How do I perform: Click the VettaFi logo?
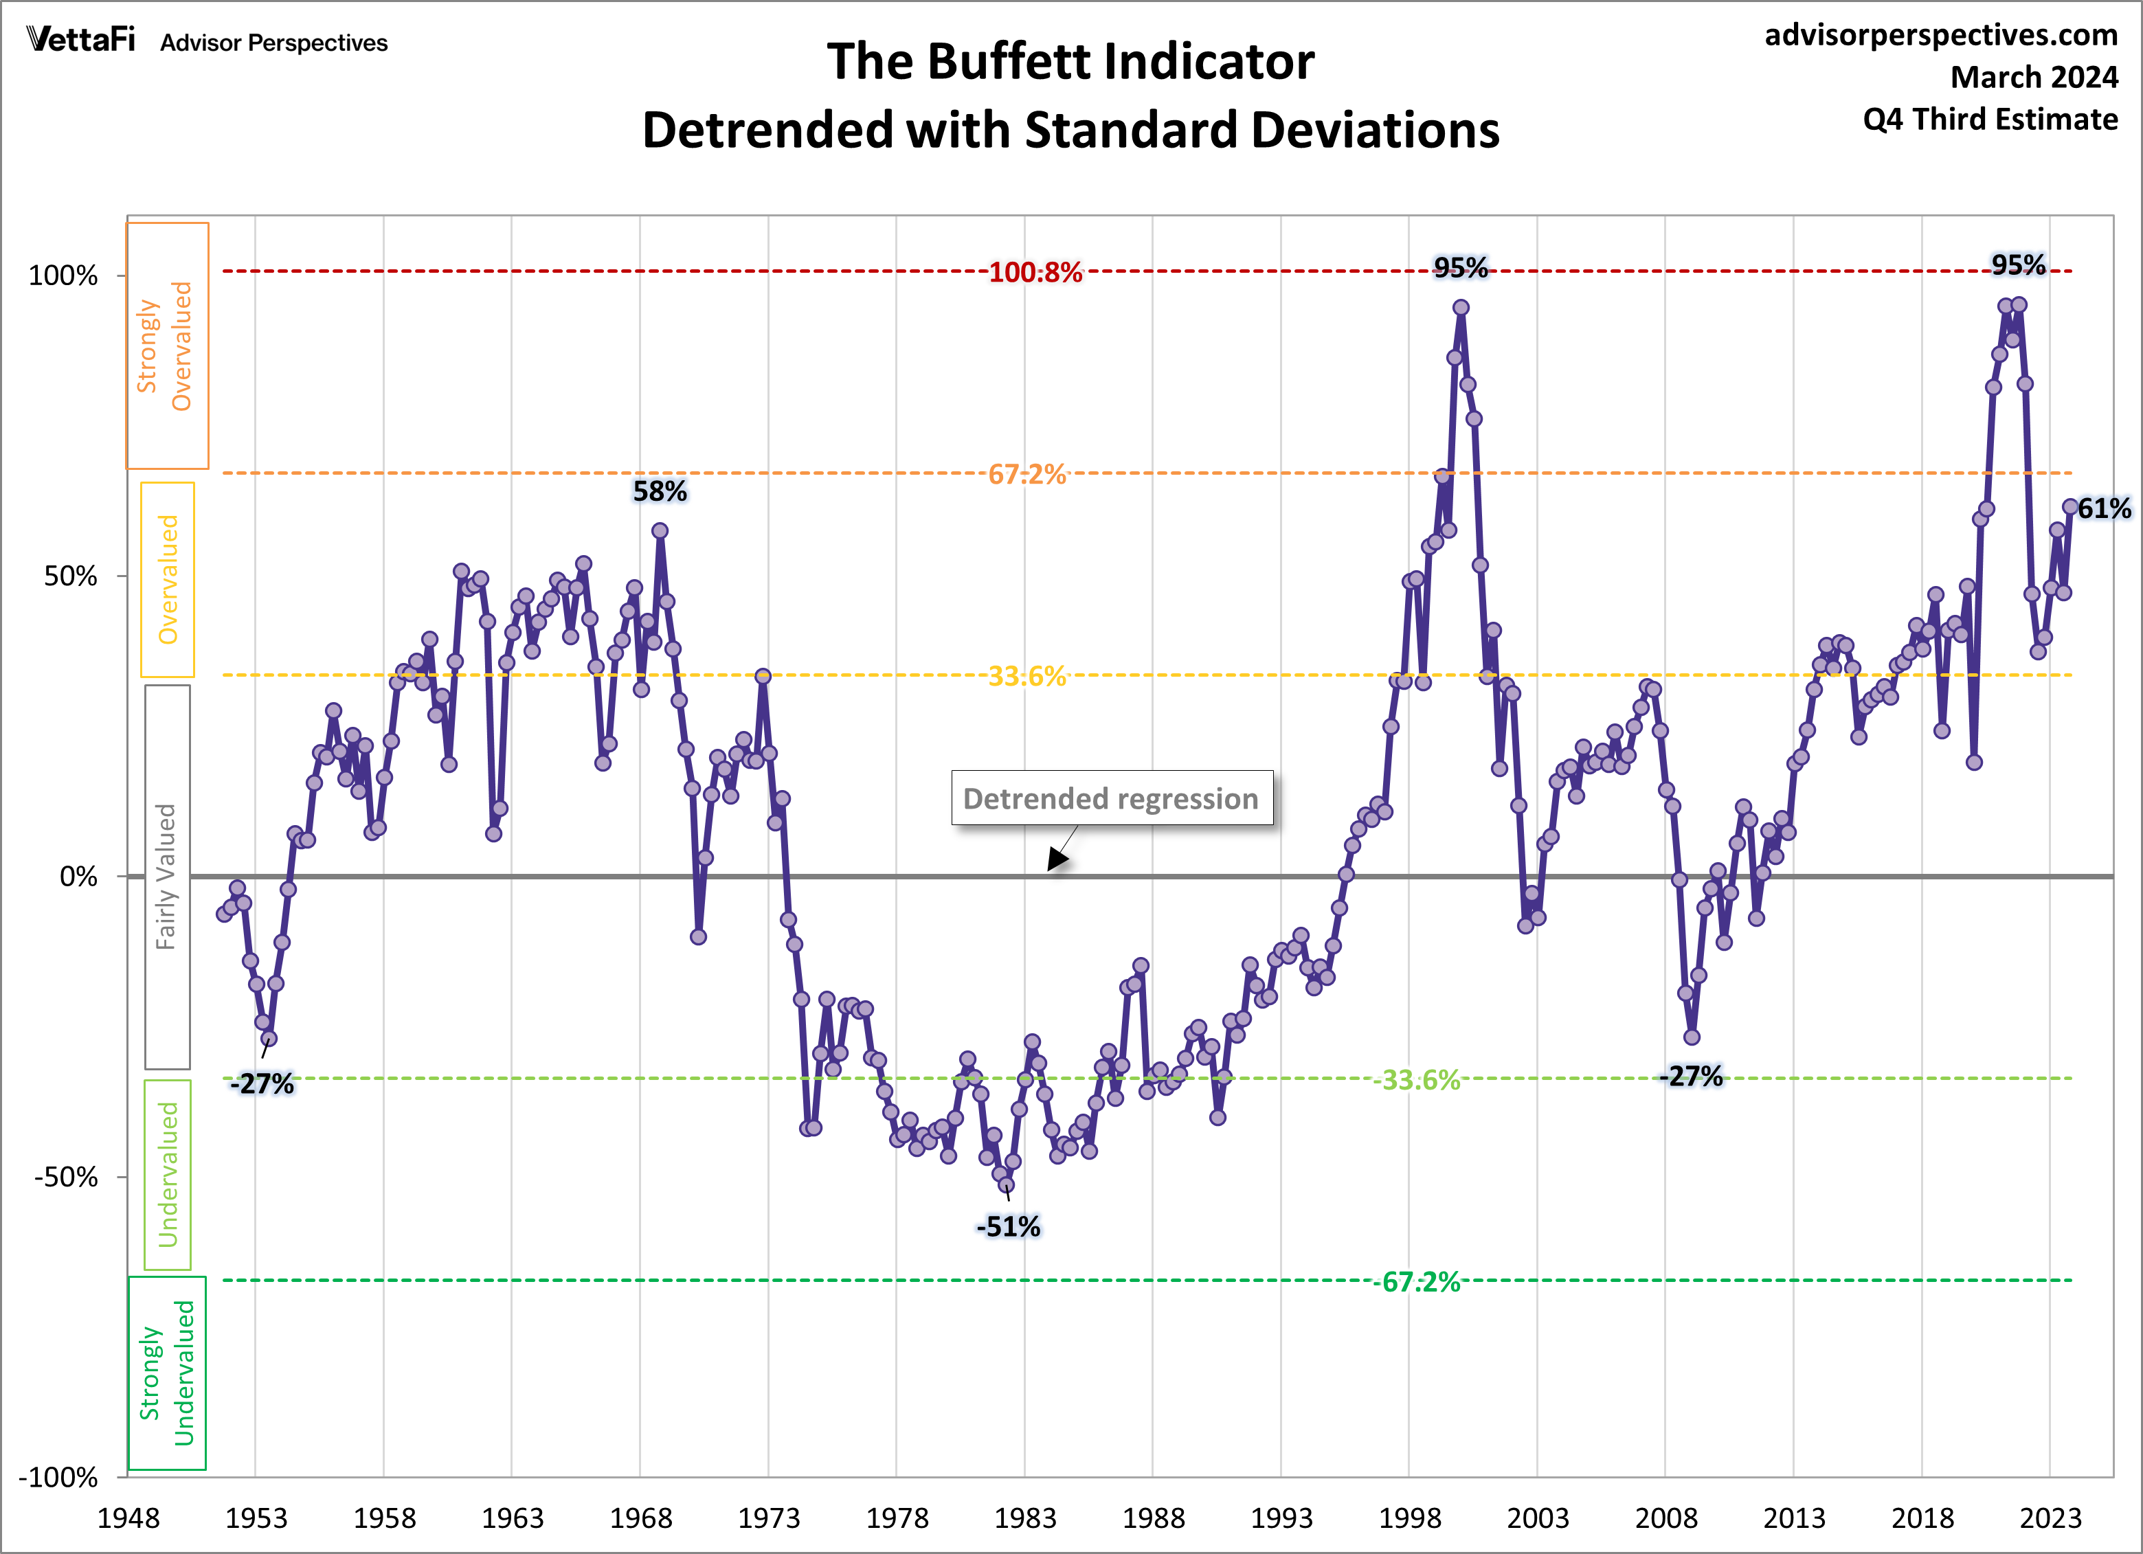(81, 40)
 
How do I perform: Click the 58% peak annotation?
(660, 491)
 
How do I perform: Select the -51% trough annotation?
(1008, 1226)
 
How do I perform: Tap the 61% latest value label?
(2105, 508)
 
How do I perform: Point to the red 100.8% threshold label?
(1035, 272)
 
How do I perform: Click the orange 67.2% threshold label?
(1027, 474)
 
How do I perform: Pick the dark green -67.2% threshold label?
(1420, 1282)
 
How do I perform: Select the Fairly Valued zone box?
(166, 877)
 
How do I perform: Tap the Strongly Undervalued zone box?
(167, 1373)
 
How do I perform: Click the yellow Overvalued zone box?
(167, 579)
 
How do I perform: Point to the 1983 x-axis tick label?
(1024, 1518)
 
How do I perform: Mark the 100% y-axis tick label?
(63, 276)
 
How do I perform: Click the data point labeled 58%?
(660, 531)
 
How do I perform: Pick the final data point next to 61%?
(2069, 507)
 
